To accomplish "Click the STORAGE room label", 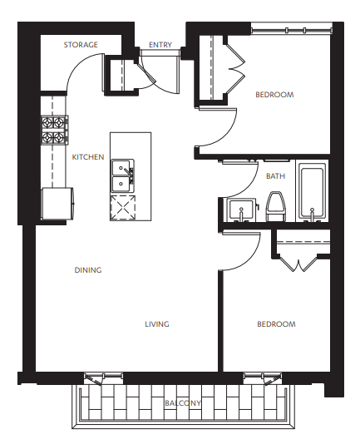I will [81, 45].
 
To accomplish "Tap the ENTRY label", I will [160, 45].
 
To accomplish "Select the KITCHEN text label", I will [87, 157].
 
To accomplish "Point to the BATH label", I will [274, 176].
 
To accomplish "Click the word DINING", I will [87, 270].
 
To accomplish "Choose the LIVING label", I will [156, 324].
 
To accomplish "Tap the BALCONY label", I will [183, 403].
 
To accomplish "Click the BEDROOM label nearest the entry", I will [274, 95].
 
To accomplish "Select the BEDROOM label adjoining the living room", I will [276, 324].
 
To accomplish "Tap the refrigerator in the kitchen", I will [57, 203].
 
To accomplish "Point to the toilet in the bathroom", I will [276, 206].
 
